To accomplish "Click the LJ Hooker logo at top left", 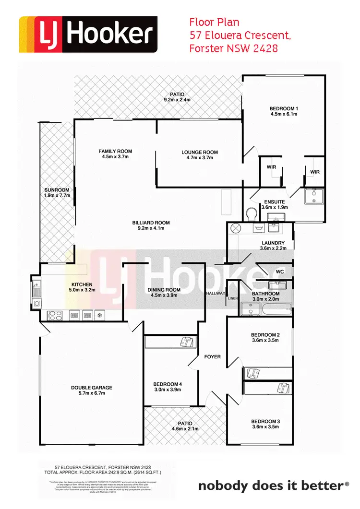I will point(88,34).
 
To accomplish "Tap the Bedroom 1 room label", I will point(283,108).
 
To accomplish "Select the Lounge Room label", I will point(200,153).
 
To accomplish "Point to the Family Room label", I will point(115,152).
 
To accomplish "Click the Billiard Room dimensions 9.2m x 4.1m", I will point(151,228).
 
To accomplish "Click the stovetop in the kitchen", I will point(54,315).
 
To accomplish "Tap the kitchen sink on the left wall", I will point(36,289).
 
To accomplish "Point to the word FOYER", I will point(213,356).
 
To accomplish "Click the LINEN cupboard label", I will point(233,298).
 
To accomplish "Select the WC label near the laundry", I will point(280,272).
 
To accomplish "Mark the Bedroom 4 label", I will point(168,384).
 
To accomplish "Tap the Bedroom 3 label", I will point(265,422).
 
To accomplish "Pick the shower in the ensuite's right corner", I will point(314,196).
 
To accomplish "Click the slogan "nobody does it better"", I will point(271,486).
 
